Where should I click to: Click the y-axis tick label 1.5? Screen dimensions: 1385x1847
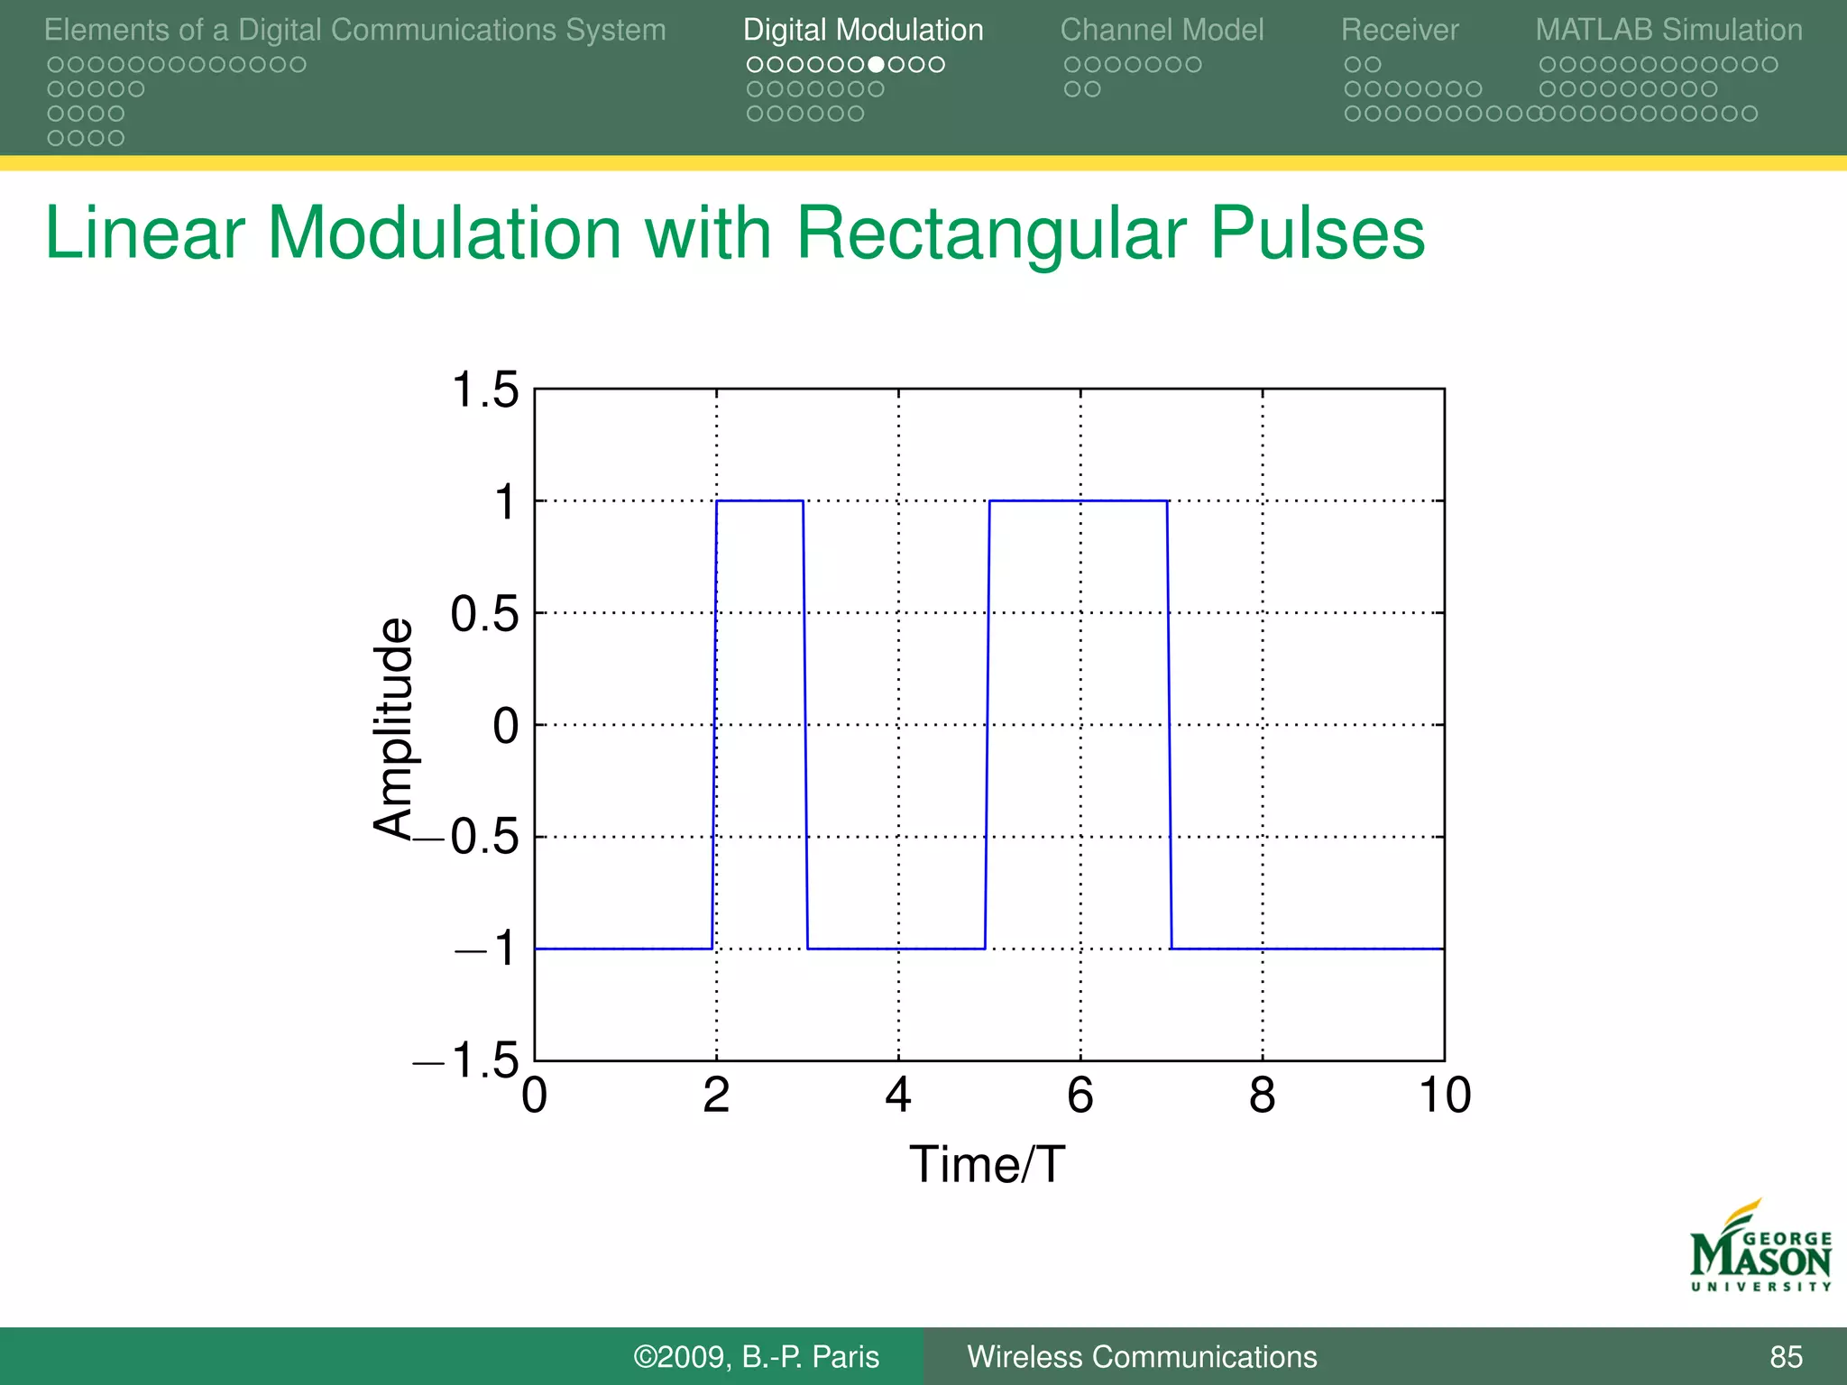485,390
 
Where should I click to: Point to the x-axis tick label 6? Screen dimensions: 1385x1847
1080,1096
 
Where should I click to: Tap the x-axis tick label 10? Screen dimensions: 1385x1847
1445,1096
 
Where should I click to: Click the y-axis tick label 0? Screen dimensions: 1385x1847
506,726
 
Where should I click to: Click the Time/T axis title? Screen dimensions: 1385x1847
988,1165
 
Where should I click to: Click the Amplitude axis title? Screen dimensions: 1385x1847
394,729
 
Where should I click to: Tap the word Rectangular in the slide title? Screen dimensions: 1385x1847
990,234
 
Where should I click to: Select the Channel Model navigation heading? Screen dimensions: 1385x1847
1162,30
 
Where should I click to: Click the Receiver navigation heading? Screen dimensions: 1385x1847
1399,30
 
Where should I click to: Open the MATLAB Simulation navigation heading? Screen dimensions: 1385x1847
1668,30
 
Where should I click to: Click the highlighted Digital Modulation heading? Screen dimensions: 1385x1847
863,30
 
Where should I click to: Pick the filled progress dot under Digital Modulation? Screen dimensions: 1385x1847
876,65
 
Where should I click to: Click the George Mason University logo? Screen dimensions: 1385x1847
1760,1247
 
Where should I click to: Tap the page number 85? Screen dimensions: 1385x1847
1786,1357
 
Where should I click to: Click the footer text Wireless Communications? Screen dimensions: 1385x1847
1142,1357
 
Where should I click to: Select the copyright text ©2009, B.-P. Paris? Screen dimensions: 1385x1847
756,1357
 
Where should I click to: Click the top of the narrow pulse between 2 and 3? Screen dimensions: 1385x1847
759,500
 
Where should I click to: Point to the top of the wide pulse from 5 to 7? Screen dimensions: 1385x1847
1078,500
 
